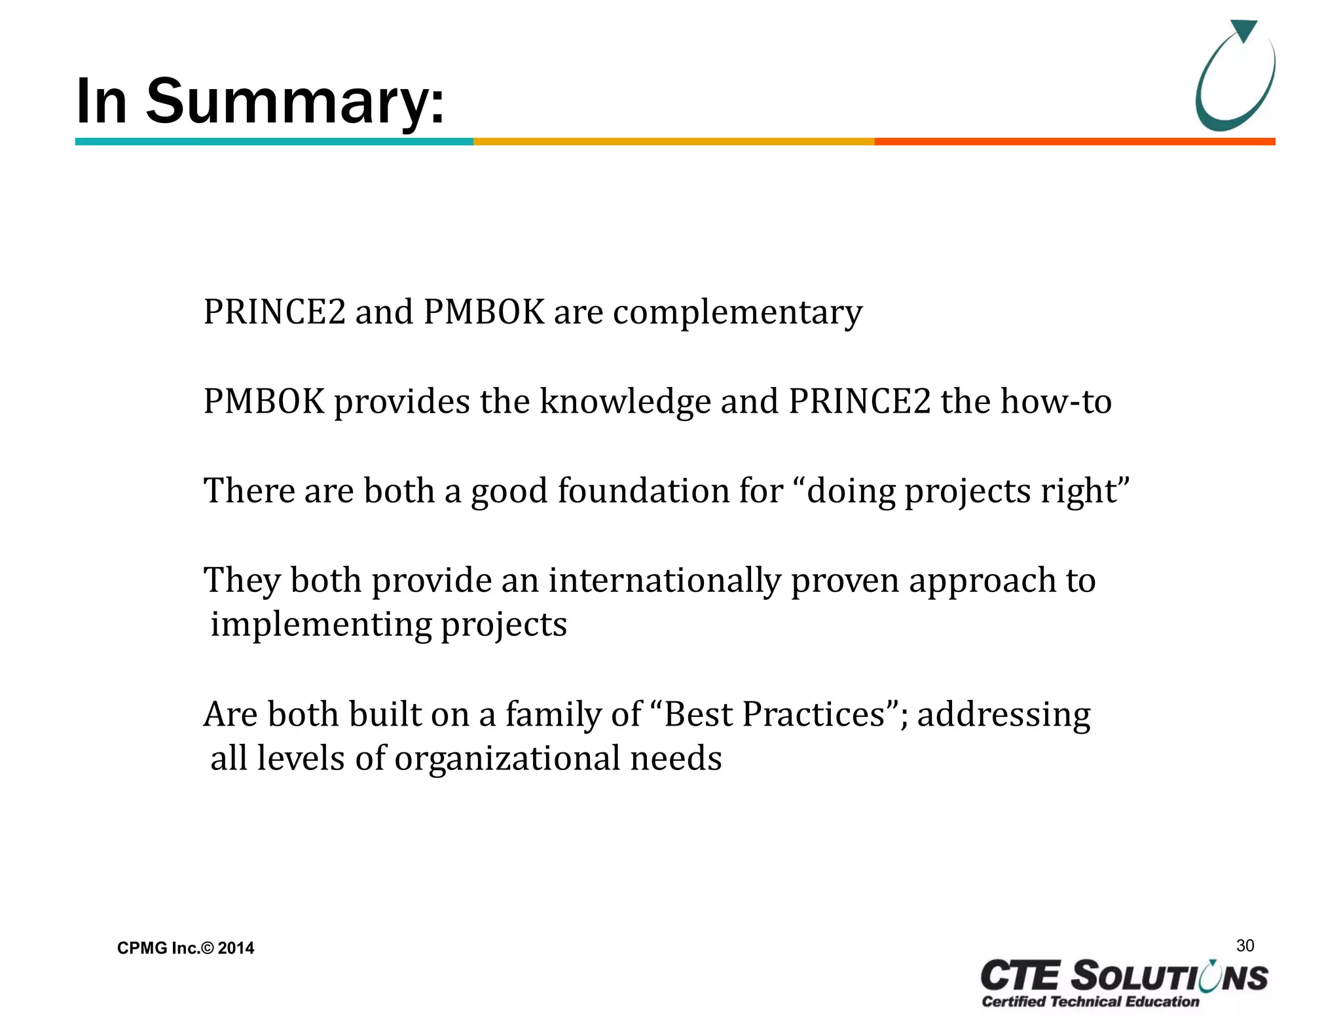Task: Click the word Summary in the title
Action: pos(294,102)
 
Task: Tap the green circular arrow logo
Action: pos(1234,76)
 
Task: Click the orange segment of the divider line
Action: pos(1074,141)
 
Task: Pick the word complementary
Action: pos(737,313)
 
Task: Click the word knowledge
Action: pos(625,402)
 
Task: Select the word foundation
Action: pos(670,491)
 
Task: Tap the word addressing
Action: pos(1003,715)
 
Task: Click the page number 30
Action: pos(1245,946)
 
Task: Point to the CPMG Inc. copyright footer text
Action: pos(185,948)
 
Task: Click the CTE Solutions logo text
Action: pos(1124,976)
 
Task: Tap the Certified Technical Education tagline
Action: pos(1090,1001)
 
